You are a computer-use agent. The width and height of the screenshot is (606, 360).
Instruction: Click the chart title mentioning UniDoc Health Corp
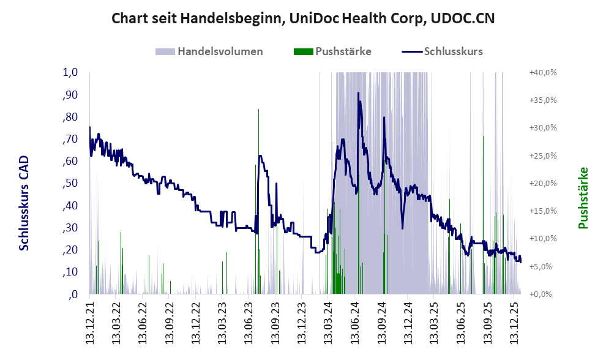pyautogui.click(x=302, y=19)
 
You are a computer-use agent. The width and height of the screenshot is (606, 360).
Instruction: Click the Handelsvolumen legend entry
pyautogui.click(x=220, y=51)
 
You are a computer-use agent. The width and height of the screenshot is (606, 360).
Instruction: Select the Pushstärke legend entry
pyautogui.click(x=343, y=51)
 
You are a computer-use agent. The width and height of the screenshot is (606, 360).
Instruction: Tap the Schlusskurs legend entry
pyautogui.click(x=453, y=51)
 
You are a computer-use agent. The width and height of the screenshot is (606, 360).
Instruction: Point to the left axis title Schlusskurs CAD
pyautogui.click(x=24, y=203)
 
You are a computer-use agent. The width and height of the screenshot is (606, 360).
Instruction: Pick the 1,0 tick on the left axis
pyautogui.click(x=70, y=72)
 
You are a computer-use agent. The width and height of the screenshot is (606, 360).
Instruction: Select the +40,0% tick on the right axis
pyautogui.click(x=543, y=72)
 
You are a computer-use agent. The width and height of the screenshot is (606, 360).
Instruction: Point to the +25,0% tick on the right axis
pyautogui.click(x=543, y=156)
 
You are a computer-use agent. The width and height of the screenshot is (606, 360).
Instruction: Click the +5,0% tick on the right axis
pyautogui.click(x=543, y=266)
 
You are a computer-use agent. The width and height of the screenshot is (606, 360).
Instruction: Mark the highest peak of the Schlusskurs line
pyautogui.click(x=358, y=93)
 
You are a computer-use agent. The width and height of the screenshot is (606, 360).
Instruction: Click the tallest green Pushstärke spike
pyautogui.click(x=258, y=110)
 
